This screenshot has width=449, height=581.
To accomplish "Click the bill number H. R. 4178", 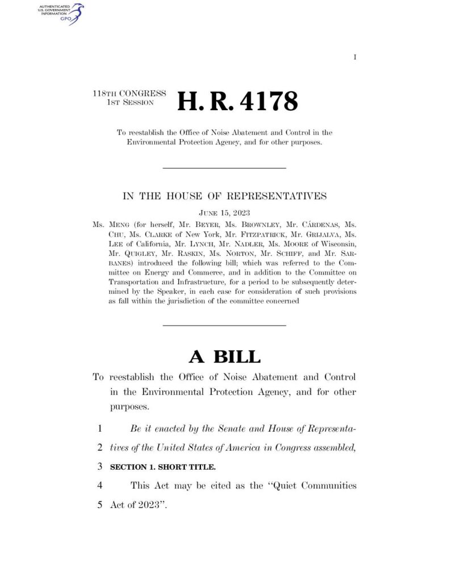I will click(x=237, y=102).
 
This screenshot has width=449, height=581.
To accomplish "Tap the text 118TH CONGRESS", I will click(x=129, y=93).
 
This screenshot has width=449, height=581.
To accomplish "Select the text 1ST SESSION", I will click(x=130, y=102).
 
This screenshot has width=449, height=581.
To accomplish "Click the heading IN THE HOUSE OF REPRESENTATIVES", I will click(x=225, y=197).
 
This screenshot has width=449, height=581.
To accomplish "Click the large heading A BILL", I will click(x=225, y=356).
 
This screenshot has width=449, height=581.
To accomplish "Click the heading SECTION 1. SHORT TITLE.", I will click(x=162, y=467).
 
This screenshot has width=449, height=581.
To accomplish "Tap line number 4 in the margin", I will click(x=100, y=486).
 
